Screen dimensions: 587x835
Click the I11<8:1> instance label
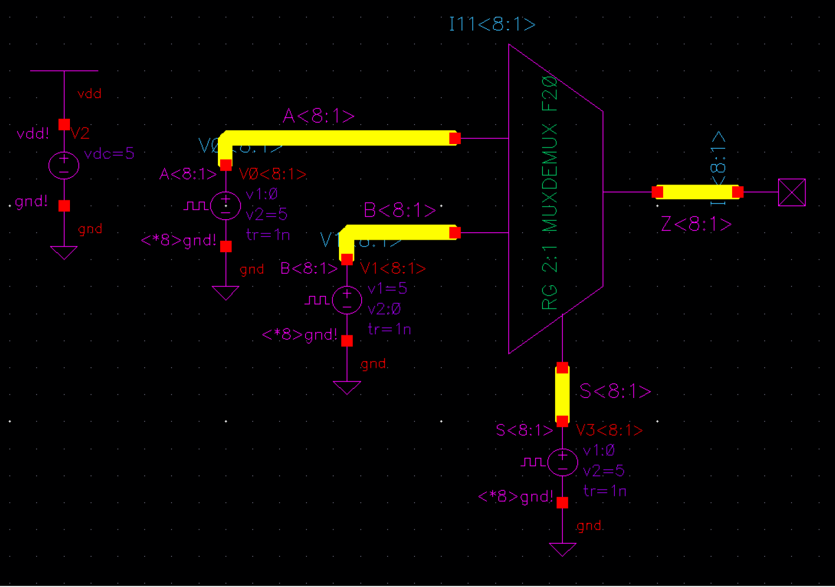tap(492, 24)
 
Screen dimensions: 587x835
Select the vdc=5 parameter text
tap(109, 154)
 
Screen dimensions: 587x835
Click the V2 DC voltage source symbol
tap(64, 166)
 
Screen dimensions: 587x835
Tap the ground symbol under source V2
tap(64, 252)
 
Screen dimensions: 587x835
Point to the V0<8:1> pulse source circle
tap(226, 206)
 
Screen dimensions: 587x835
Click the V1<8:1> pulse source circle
tap(347, 300)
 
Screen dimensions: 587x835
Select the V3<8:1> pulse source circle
tap(563, 462)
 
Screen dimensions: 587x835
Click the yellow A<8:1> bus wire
tap(341, 138)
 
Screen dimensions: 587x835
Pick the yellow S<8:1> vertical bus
tap(563, 395)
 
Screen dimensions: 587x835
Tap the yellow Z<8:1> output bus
tap(697, 192)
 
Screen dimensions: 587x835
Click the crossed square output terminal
tap(792, 192)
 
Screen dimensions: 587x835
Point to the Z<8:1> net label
tap(696, 224)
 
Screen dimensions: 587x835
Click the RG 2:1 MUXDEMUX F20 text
tap(550, 194)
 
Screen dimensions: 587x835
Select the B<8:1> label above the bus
tap(399, 211)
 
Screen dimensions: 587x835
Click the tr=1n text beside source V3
tap(605, 491)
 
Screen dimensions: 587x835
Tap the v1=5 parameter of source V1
tap(387, 289)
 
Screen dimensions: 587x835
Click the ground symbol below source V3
tap(563, 549)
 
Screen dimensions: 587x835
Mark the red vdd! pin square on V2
tap(64, 124)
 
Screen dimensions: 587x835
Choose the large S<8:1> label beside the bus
tap(615, 392)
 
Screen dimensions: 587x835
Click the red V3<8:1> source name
tap(609, 430)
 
